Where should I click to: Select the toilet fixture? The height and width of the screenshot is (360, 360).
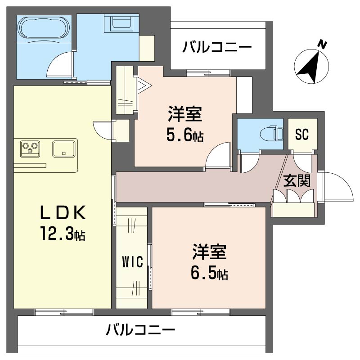tap(274, 134)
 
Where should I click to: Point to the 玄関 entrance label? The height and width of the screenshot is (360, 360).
tap(297, 181)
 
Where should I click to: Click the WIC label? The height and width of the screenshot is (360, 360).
tap(133, 261)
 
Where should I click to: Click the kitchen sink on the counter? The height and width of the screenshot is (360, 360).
tap(63, 148)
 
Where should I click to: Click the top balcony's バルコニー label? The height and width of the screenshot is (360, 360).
tap(217, 47)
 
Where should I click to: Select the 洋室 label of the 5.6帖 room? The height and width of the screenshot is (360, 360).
tap(184, 114)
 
